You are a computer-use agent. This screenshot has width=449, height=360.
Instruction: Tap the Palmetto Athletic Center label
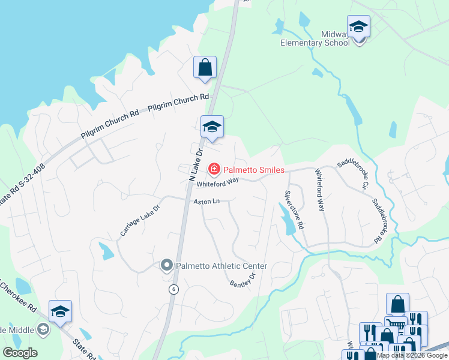coord(221,266)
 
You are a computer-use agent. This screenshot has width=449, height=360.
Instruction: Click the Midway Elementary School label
coord(328,38)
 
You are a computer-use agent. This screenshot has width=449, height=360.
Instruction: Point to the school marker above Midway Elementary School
coord(358,27)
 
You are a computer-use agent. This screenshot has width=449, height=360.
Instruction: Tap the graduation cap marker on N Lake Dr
coord(212,127)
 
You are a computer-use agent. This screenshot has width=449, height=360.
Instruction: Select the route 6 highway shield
coord(173,289)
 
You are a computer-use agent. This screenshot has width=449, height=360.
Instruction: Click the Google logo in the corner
coord(20,353)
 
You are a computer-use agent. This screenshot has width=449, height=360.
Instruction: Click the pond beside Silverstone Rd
coord(286,218)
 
